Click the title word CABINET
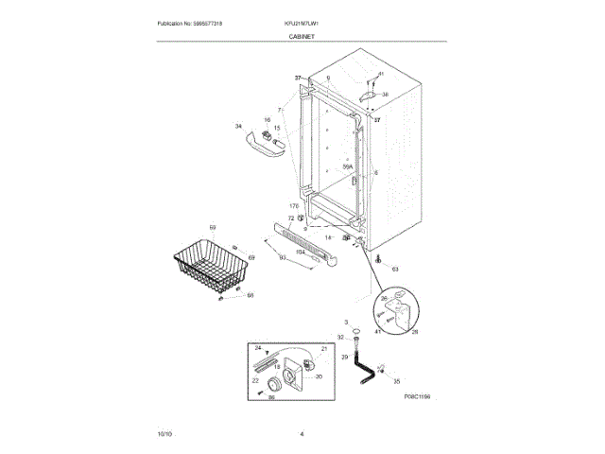pos(302,36)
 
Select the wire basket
pos(210,270)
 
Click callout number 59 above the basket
pos(213,228)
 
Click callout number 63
pos(395,270)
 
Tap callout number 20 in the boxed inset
pos(319,376)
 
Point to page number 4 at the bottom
pos(302,433)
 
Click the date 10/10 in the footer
pos(164,433)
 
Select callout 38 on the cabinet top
pos(385,95)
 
